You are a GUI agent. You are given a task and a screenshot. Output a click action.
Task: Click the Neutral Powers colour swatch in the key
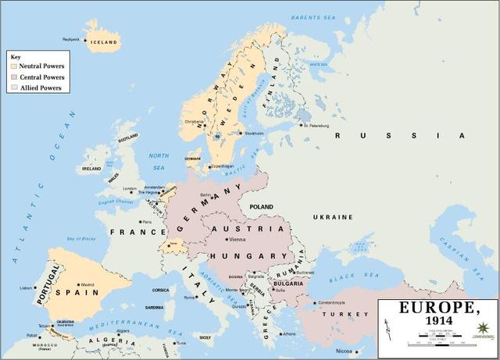pos(13,66)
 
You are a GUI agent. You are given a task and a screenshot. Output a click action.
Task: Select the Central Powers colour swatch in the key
pos(13,77)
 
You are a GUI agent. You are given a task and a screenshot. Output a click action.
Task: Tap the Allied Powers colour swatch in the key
pos(13,88)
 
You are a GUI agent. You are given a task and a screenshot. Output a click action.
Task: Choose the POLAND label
pos(261,208)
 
